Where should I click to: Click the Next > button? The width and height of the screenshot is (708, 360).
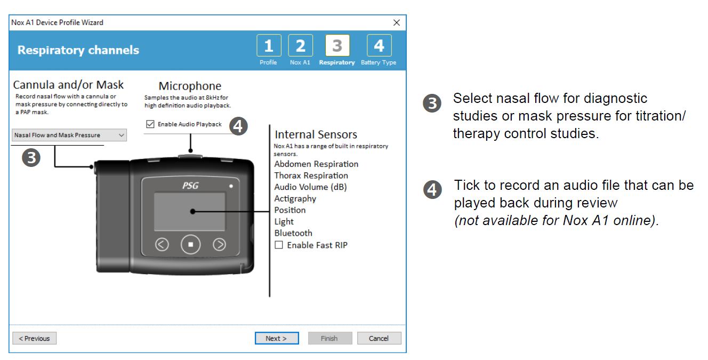(276, 338)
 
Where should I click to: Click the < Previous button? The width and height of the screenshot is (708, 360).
(34, 338)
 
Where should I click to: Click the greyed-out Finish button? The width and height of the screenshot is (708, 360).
(329, 338)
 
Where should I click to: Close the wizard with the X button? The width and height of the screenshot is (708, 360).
(396, 22)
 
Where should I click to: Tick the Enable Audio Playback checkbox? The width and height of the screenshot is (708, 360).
(150, 124)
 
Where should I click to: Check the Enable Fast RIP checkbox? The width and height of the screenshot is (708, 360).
(279, 245)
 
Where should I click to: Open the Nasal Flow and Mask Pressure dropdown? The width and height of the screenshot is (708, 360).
(69, 135)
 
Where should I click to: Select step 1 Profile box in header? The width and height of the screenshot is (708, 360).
(268, 46)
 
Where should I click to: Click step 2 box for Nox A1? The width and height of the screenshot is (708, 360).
(300, 46)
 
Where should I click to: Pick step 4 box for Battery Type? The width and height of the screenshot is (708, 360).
(379, 46)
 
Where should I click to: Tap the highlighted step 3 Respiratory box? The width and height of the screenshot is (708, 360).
(337, 46)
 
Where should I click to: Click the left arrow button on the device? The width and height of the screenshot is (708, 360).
(162, 245)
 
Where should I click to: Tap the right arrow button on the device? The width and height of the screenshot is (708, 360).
(219, 245)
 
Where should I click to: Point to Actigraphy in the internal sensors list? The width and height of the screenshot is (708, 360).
(295, 199)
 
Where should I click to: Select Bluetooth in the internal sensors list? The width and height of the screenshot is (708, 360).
(293, 233)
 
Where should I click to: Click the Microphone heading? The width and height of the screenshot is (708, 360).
(190, 86)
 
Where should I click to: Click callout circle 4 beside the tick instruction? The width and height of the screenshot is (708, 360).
(432, 190)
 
